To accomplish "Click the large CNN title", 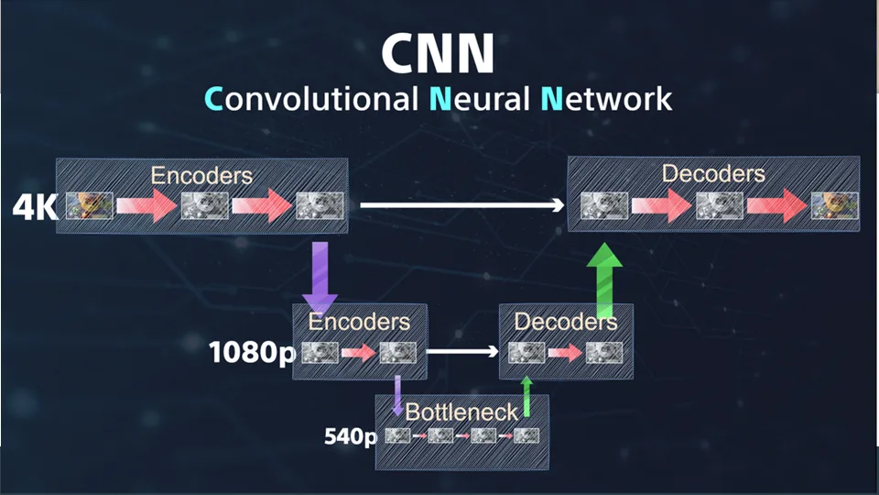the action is click(x=438, y=53).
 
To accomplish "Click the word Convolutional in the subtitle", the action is click(x=311, y=99).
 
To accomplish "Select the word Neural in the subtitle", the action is click(x=479, y=99).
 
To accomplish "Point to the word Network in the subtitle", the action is click(x=606, y=99).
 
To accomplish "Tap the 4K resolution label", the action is click(x=35, y=208).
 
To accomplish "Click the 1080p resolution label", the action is click(x=252, y=353).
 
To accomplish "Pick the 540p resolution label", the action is click(x=351, y=436).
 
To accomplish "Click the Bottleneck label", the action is click(x=461, y=412).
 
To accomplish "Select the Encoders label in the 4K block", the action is click(x=201, y=176).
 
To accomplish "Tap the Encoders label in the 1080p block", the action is click(x=359, y=322).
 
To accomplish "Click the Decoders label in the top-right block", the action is click(x=713, y=173).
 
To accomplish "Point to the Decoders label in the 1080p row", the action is click(x=566, y=322).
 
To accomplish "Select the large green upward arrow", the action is click(x=604, y=280).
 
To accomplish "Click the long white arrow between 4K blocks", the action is click(x=461, y=205).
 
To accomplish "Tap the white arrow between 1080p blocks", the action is click(x=461, y=352).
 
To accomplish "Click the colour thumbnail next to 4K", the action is click(x=90, y=205).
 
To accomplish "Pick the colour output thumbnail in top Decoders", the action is click(x=835, y=205).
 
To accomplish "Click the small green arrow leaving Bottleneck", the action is click(x=526, y=397).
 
